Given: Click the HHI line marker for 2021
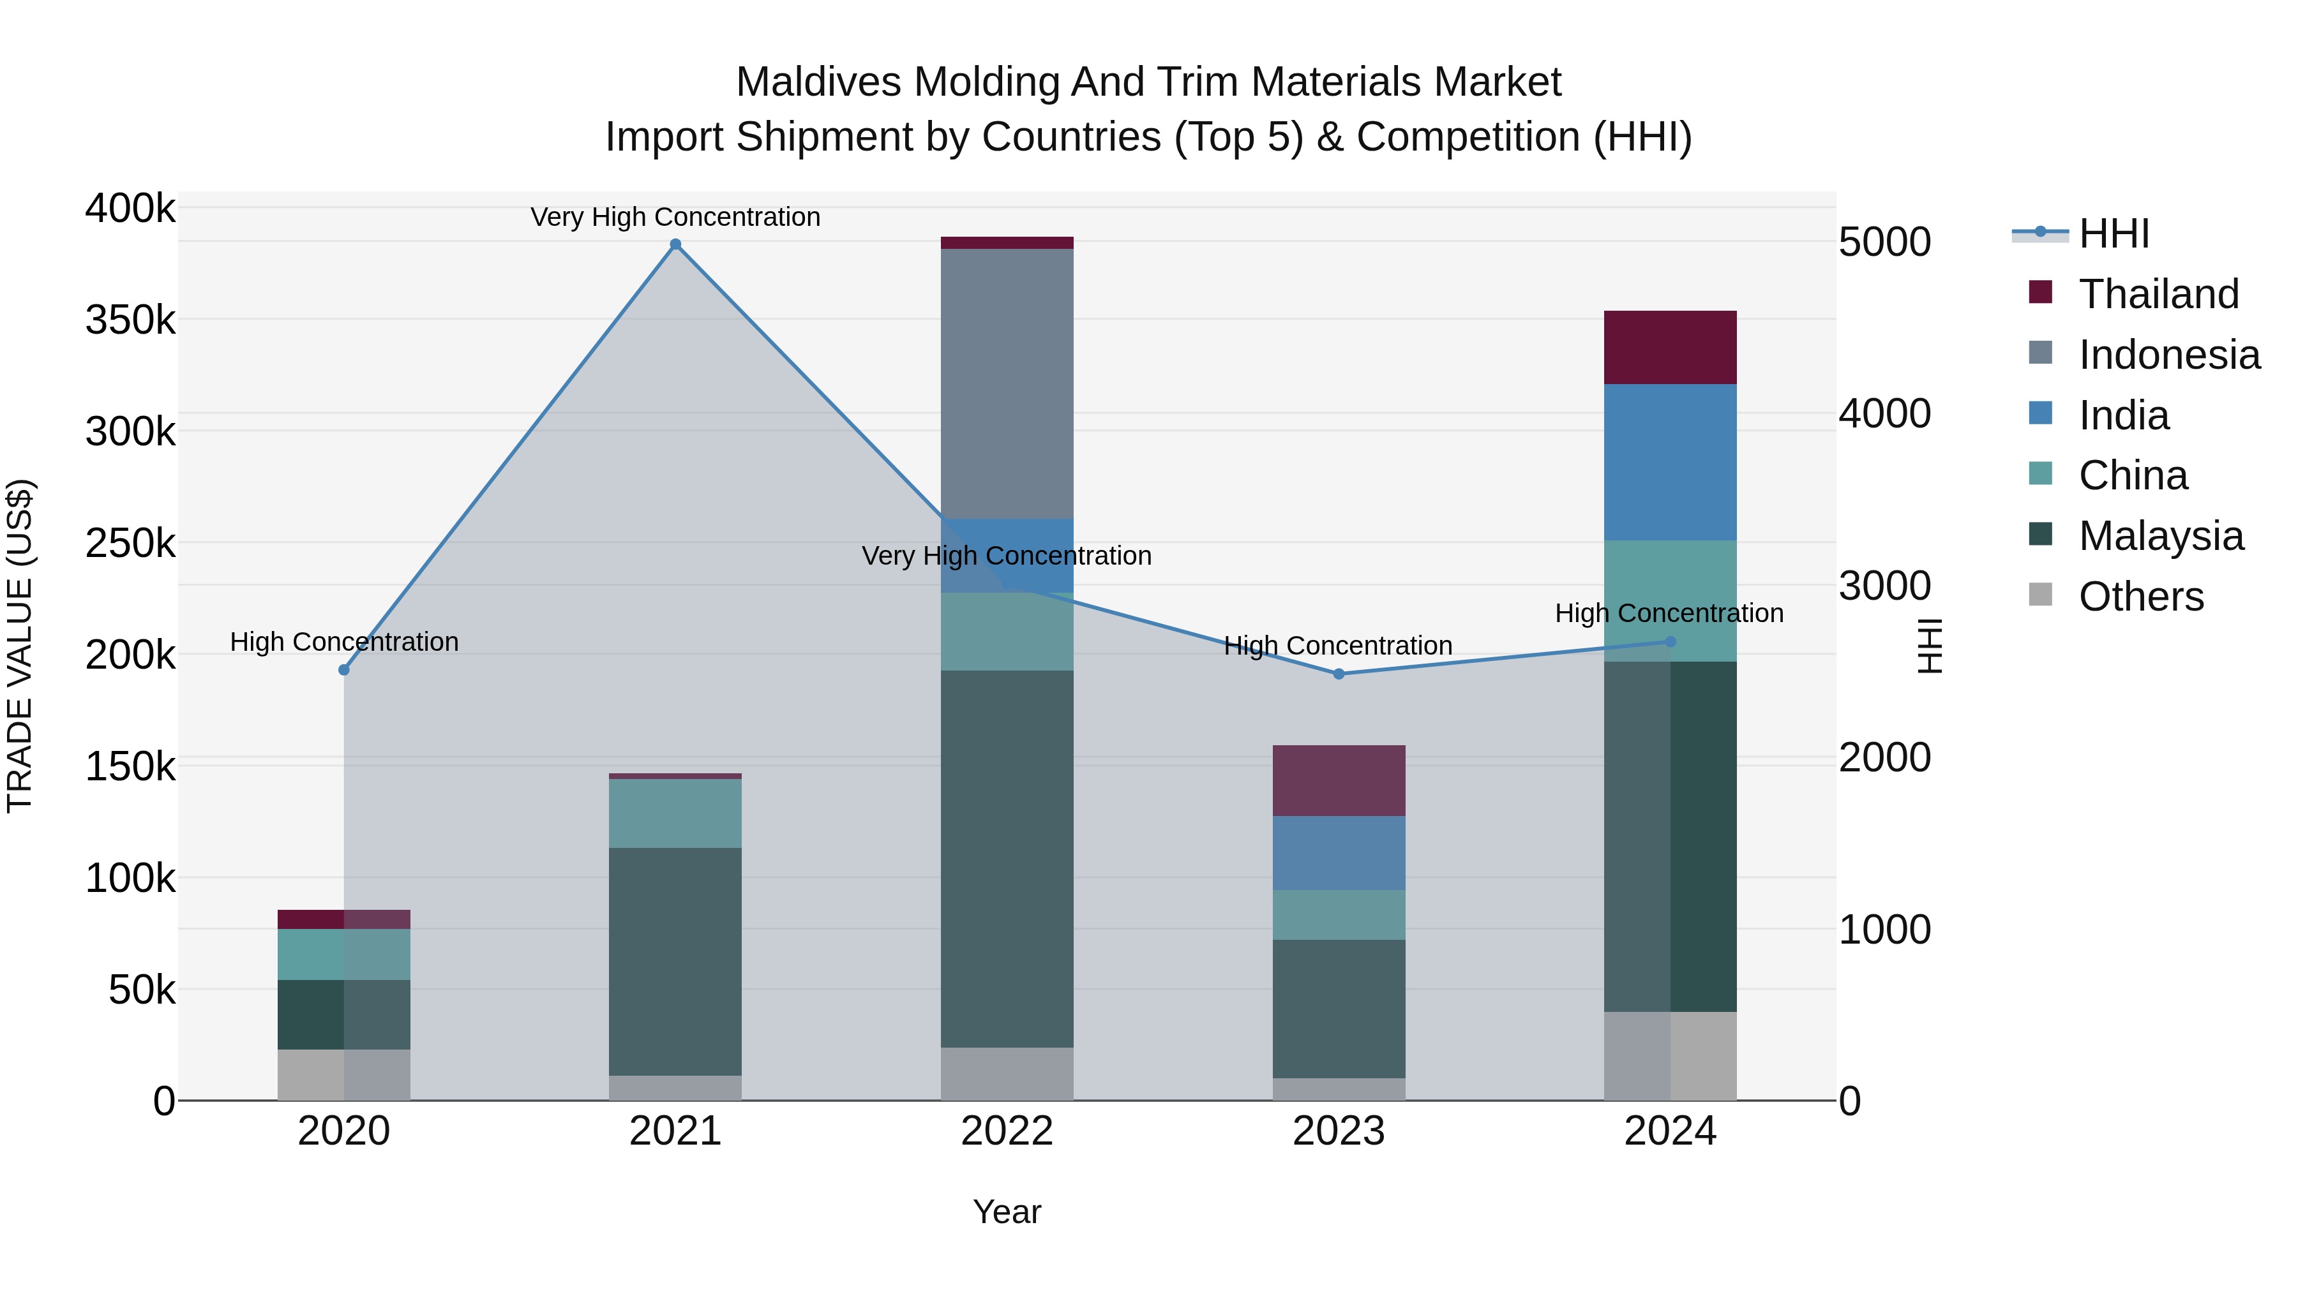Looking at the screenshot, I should point(675,244).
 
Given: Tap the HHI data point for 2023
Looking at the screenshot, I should point(1338,674).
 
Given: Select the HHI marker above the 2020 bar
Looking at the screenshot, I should point(344,670).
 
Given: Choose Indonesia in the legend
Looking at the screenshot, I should point(2168,355).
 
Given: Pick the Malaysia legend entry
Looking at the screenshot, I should point(2159,536).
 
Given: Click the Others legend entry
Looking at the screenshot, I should point(2140,597).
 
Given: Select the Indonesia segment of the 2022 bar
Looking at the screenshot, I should point(1007,383).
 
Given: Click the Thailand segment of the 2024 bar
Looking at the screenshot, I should point(1670,347).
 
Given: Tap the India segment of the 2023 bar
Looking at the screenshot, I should point(1338,852).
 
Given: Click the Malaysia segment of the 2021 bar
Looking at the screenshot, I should point(675,962).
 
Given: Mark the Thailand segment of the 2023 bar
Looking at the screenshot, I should point(1338,780).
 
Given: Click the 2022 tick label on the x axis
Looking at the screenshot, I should point(1007,1131).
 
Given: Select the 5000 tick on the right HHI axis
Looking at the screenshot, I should point(1884,242).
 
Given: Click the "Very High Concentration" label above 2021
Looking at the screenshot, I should point(675,217).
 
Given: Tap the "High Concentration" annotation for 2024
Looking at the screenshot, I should point(1669,613).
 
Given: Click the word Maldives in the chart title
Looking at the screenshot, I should point(818,82).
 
